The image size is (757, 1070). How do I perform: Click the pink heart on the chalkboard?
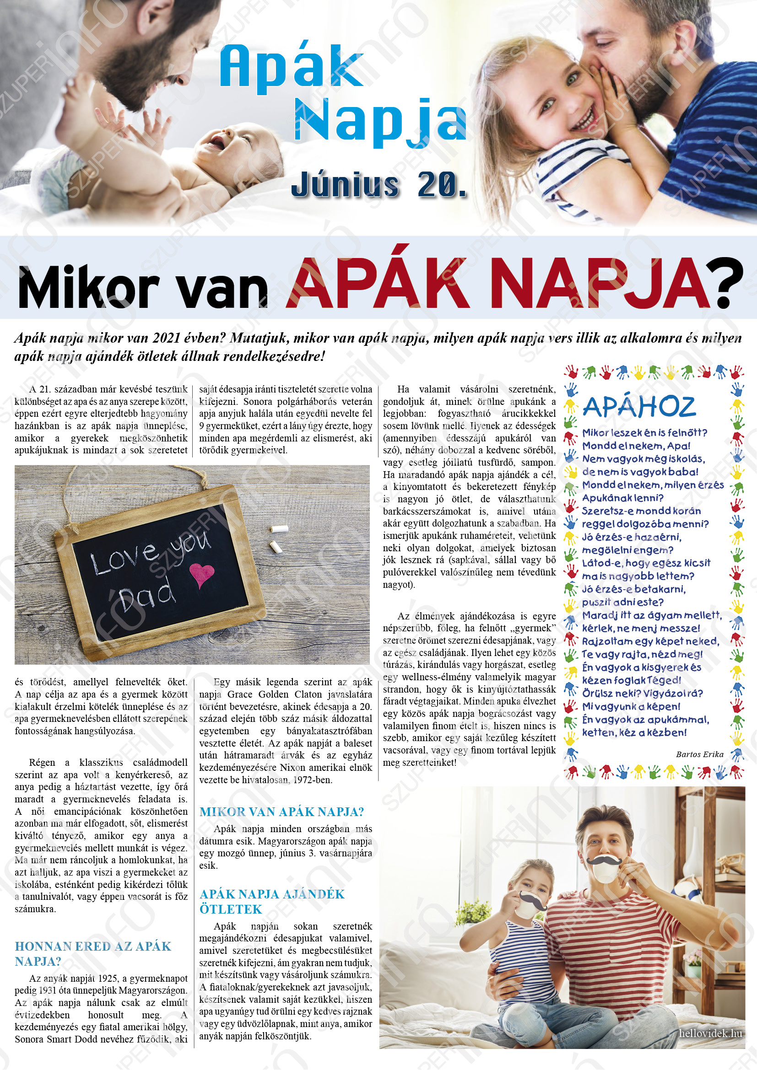(x=201, y=575)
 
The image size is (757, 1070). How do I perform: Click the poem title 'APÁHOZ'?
(x=638, y=407)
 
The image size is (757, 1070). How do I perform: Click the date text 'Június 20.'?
(x=378, y=184)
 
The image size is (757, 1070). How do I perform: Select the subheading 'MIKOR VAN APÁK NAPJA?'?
(x=281, y=812)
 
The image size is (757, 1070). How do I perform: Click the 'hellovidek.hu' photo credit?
(x=710, y=1033)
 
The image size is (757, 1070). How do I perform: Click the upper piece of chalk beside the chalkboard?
(x=279, y=529)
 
